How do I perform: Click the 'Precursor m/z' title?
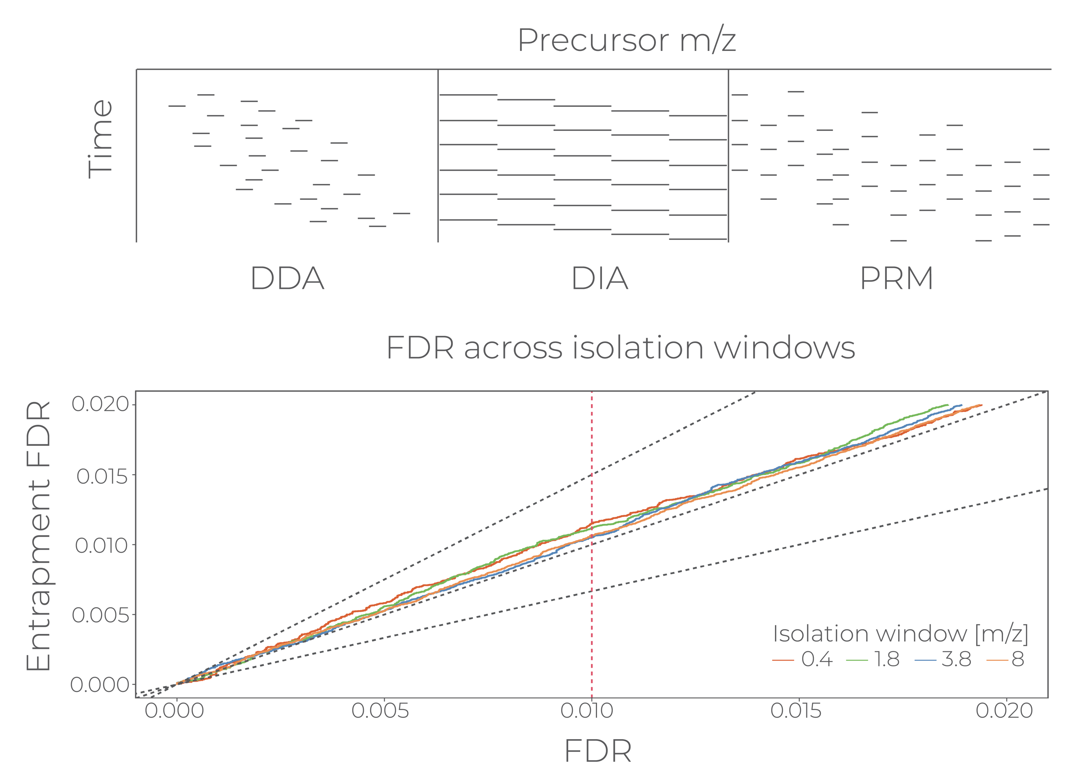(627, 41)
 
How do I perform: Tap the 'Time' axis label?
(100, 139)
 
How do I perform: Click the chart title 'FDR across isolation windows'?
(621, 348)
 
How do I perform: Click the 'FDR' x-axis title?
(598, 751)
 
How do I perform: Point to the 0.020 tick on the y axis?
(100, 404)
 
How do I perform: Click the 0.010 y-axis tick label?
(101, 546)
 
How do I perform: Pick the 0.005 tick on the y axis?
(100, 615)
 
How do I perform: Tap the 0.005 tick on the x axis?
(380, 711)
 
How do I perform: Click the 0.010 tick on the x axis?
(587, 711)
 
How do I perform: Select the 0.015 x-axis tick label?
(795, 711)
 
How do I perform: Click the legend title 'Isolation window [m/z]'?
(900, 634)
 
